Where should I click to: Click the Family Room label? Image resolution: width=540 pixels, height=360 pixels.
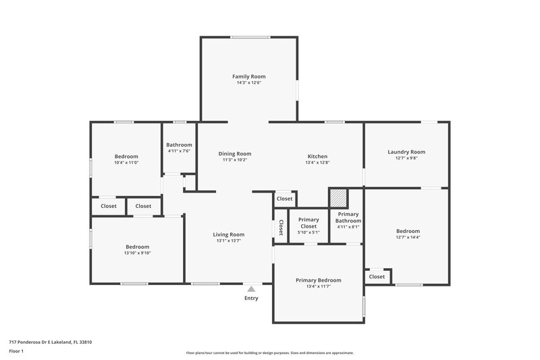click(248, 76)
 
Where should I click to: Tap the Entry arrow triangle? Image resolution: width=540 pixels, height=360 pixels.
click(251, 289)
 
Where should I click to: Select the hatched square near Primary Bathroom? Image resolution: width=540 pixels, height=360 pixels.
click(338, 198)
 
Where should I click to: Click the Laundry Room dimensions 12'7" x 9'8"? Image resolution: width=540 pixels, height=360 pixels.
click(406, 158)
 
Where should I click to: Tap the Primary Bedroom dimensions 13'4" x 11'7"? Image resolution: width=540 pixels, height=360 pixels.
click(318, 286)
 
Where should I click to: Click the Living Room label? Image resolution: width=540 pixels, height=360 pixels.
click(230, 234)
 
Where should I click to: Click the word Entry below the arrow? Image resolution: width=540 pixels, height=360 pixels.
click(251, 298)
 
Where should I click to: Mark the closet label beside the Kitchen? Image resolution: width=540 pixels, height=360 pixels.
click(285, 199)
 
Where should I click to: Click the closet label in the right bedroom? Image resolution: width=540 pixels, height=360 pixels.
click(377, 276)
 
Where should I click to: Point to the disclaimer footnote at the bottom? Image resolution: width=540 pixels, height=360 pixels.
click(269, 353)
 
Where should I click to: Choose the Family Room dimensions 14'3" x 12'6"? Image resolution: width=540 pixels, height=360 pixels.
click(248, 83)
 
